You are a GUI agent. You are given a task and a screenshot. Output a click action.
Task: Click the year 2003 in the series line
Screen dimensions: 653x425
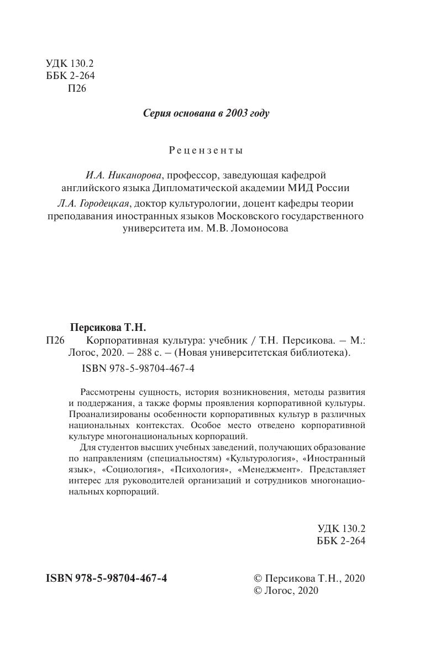pyautogui.click(x=237, y=114)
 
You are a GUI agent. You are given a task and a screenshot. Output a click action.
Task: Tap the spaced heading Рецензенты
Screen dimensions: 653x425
pyautogui.click(x=206, y=150)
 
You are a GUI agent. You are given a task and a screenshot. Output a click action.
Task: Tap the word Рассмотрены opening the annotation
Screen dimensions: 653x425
pyautogui.click(x=108, y=392)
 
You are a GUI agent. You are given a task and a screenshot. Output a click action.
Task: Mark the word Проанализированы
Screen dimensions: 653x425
pyautogui.click(x=109, y=414)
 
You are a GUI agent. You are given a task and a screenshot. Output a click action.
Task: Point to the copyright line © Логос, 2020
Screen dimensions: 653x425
pyautogui.click(x=286, y=591)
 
